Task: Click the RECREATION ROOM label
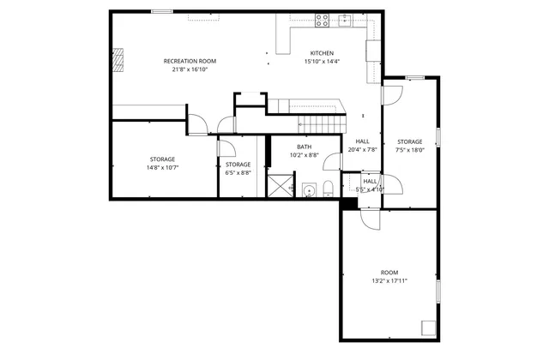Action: (x=190, y=61)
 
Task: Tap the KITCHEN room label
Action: (x=322, y=53)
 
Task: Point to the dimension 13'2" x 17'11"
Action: (x=389, y=280)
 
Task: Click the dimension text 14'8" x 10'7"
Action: (x=163, y=168)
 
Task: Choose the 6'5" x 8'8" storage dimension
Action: (x=238, y=172)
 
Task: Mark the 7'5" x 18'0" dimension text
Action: (x=409, y=150)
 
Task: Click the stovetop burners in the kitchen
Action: (x=323, y=18)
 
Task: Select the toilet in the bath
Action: (x=329, y=190)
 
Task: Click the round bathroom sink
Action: (x=309, y=190)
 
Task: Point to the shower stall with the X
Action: (x=280, y=186)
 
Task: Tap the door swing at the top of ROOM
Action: (x=370, y=219)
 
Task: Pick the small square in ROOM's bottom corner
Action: (x=428, y=327)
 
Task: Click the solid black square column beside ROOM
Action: (x=348, y=203)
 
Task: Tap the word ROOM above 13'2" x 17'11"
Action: (x=389, y=272)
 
